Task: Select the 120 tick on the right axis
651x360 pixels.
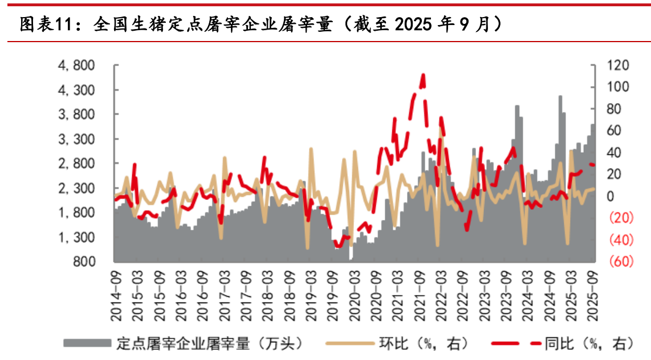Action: (x=617, y=66)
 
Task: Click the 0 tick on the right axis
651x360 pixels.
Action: (x=611, y=197)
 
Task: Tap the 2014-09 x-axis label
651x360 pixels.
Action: (x=115, y=288)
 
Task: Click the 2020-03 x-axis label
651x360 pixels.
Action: (x=352, y=288)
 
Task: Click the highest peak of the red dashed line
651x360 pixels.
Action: (x=423, y=75)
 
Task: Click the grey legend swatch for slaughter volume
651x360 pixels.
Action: (x=86, y=343)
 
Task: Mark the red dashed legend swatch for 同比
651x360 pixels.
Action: (x=515, y=343)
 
